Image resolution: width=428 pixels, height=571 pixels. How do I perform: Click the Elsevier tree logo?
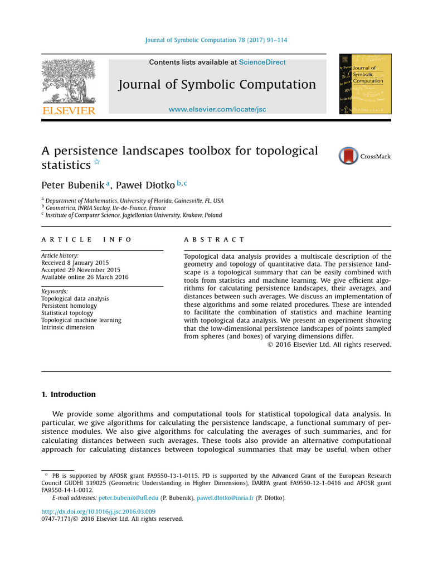[x=69, y=81]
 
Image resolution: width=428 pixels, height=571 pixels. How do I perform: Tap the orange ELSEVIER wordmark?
[x=69, y=110]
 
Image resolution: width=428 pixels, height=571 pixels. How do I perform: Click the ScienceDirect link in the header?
[x=262, y=62]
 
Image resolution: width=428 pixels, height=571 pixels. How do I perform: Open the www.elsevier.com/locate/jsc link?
[x=217, y=109]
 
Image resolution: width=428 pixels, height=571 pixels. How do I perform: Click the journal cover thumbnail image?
[x=365, y=84]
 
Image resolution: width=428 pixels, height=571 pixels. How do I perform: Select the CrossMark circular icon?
[x=348, y=156]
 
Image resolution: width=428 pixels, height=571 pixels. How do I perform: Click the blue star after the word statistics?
[x=97, y=162]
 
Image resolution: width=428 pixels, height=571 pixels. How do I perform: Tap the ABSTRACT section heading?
[x=214, y=239]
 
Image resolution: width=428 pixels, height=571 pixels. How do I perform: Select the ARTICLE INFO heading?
[x=86, y=239]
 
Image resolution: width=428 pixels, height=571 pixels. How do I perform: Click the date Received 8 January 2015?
[x=75, y=263]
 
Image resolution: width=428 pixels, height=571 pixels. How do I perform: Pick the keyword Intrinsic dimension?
[x=67, y=327]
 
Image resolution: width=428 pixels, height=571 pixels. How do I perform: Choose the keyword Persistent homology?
[x=69, y=306]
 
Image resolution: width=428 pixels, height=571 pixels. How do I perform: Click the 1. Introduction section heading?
[x=69, y=394]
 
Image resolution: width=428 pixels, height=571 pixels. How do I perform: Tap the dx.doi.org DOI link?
[x=99, y=511]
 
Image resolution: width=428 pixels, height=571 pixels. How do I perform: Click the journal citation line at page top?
[x=216, y=40]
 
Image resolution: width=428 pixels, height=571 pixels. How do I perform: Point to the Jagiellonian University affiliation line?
[x=133, y=215]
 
